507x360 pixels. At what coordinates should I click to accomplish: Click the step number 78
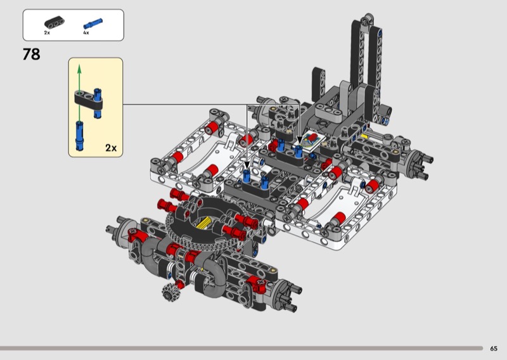point(31,55)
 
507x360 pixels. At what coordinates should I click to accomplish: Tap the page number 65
point(494,349)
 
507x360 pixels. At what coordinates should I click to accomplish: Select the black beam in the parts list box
point(55,22)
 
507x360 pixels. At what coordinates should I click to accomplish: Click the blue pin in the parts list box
point(93,24)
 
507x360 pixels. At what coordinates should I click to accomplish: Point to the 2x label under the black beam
point(47,33)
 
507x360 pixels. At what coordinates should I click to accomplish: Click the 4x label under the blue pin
point(86,33)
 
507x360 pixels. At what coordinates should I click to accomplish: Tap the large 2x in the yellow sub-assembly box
point(111,148)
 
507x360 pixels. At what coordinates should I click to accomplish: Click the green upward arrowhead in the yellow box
point(79,68)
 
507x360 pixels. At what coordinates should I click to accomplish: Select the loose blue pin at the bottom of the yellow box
point(79,136)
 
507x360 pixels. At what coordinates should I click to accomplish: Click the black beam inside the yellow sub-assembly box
point(88,100)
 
